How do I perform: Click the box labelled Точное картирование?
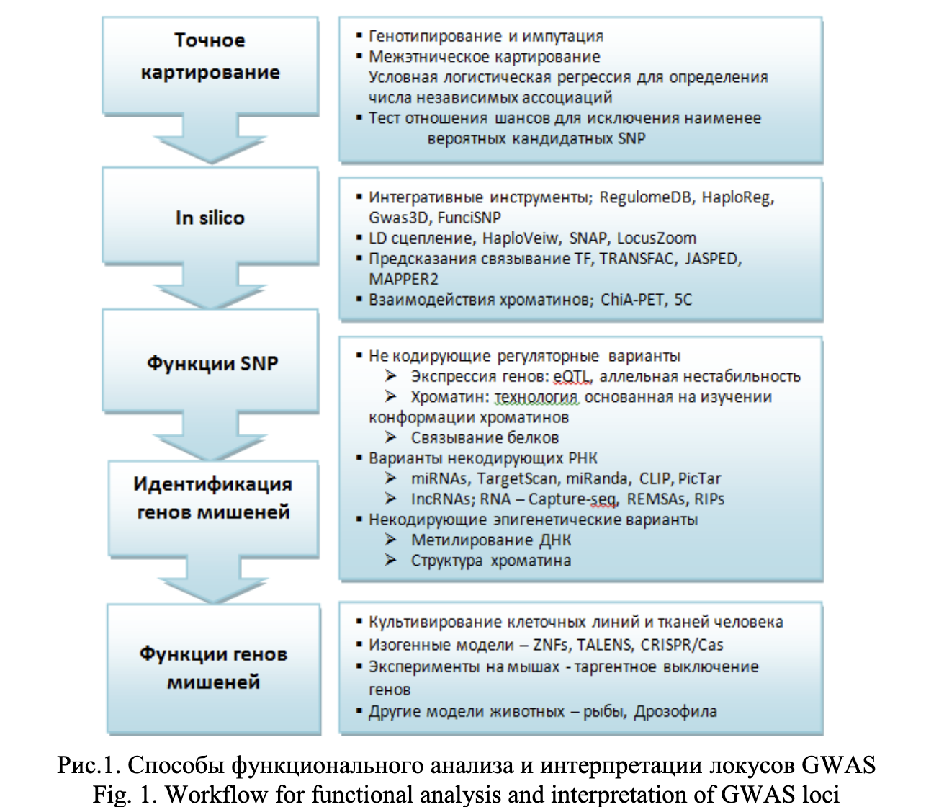210,57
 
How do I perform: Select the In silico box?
210,218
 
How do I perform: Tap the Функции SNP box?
212,362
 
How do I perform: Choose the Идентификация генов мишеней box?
212,498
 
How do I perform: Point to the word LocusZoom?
656,238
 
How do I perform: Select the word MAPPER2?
403,279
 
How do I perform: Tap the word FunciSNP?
469,218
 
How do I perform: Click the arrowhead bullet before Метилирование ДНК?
390,540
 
